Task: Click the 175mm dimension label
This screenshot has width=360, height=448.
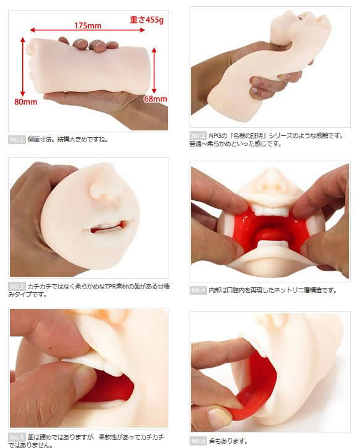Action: [88, 26]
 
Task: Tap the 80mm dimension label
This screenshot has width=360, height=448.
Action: [26, 102]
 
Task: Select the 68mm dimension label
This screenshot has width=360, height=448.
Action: [156, 99]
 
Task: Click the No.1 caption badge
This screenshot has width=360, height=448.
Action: [17, 140]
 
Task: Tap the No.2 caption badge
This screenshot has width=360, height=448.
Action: [198, 135]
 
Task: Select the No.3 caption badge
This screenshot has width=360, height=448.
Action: [17, 286]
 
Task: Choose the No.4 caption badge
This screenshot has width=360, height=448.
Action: [198, 290]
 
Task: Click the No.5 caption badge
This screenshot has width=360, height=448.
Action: [17, 437]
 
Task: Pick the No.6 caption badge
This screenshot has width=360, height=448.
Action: [198, 441]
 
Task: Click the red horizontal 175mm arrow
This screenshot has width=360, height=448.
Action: [87, 30]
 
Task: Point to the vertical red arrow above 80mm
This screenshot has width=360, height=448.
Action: [23, 67]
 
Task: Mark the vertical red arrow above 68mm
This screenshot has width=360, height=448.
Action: [154, 70]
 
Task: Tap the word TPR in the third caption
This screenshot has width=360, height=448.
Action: [111, 286]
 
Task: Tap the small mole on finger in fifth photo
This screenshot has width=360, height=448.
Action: [51, 349]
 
